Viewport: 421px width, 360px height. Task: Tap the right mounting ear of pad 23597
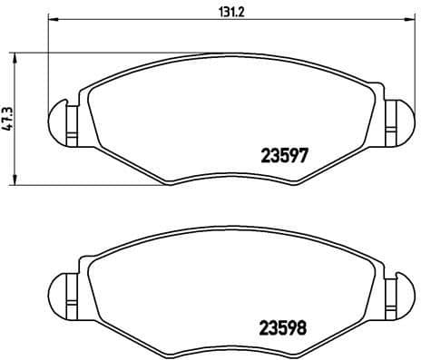pyautogui.click(x=397, y=118)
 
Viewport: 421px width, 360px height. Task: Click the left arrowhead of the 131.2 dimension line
pyautogui.click(x=52, y=19)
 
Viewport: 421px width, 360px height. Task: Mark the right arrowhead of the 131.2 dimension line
pyautogui.click(x=409, y=19)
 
